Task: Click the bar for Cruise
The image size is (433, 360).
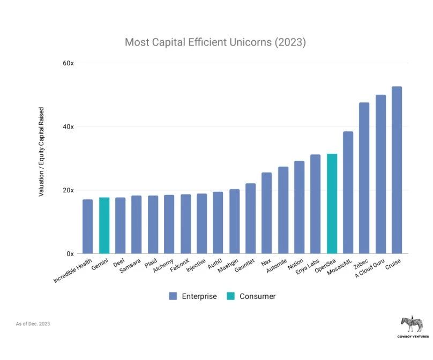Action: click(397, 170)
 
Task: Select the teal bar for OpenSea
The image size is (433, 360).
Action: click(332, 204)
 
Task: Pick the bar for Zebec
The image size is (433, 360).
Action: click(364, 178)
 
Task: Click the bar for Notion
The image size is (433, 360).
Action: click(299, 207)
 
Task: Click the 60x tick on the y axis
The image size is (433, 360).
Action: click(68, 63)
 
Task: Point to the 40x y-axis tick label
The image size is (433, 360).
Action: click(68, 127)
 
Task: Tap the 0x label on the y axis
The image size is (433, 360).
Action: click(70, 254)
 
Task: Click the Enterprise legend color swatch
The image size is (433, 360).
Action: click(173, 296)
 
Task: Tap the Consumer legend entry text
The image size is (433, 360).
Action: click(257, 296)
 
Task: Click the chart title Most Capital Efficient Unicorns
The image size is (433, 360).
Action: click(215, 42)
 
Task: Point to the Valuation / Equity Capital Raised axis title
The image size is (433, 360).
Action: click(41, 152)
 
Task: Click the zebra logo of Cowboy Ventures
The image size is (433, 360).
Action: click(412, 324)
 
